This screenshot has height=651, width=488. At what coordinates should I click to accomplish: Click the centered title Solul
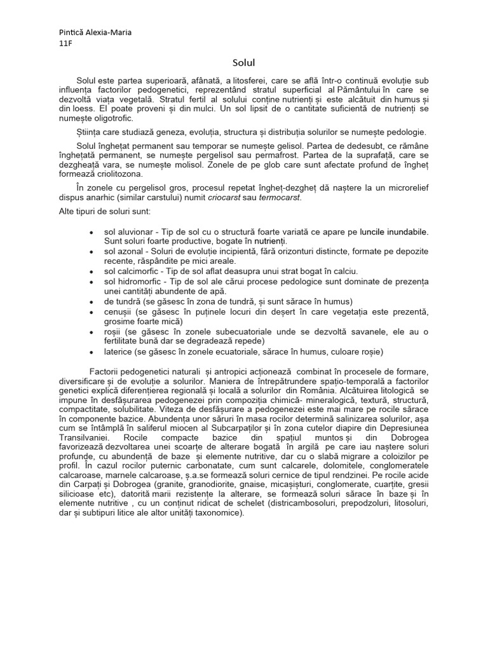click(x=244, y=62)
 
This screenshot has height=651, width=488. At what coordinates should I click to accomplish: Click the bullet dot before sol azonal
click(x=93, y=252)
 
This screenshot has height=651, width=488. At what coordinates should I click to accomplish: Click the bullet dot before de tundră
click(x=93, y=301)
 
